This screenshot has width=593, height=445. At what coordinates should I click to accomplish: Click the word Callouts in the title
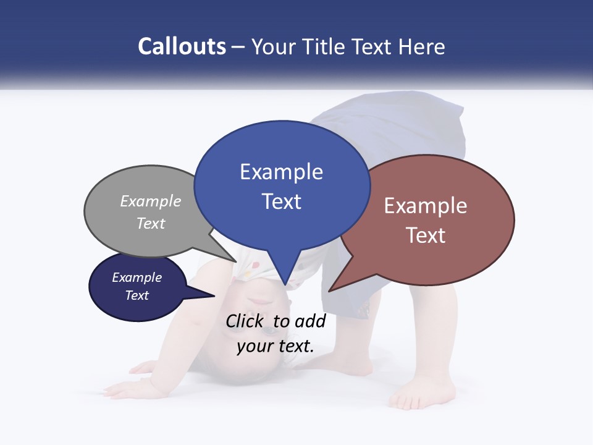182,46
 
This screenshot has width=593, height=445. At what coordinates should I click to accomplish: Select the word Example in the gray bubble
151,201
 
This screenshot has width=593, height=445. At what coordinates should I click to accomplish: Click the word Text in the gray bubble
151,223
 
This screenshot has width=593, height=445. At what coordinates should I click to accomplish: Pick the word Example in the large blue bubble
281,172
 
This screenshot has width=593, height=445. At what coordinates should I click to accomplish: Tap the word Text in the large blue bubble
281,201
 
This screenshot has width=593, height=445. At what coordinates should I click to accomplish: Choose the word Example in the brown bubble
426,206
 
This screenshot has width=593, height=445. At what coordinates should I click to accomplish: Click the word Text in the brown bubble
426,235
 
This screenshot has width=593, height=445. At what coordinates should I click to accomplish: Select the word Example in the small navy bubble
137,278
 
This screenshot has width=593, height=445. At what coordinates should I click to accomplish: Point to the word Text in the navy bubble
137,295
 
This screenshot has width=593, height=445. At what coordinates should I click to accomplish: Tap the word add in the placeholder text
311,321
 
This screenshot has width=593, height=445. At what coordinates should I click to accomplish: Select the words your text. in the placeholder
275,346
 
